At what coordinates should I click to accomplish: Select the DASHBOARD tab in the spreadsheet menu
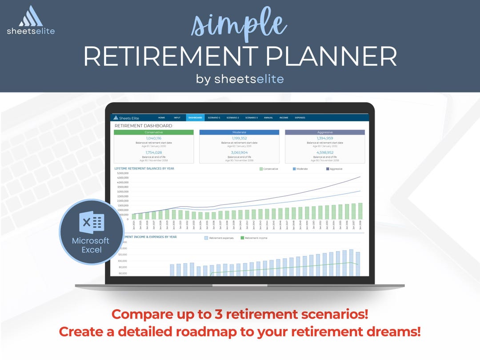click(195, 118)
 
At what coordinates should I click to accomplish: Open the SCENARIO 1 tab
click(214, 118)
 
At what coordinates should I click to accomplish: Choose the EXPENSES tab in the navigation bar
click(300, 118)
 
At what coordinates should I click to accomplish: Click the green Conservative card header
click(154, 132)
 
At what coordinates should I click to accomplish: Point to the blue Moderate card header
click(239, 132)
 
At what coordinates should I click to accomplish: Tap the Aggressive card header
click(325, 132)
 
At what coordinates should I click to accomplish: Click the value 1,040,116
click(154, 138)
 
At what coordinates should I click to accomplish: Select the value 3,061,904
click(239, 152)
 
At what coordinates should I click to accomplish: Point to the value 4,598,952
click(325, 152)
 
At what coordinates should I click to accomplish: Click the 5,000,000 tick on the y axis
click(123, 173)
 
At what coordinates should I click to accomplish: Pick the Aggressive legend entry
click(334, 169)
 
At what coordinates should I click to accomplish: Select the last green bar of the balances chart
click(360, 211)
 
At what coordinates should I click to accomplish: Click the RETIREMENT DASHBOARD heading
click(143, 126)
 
